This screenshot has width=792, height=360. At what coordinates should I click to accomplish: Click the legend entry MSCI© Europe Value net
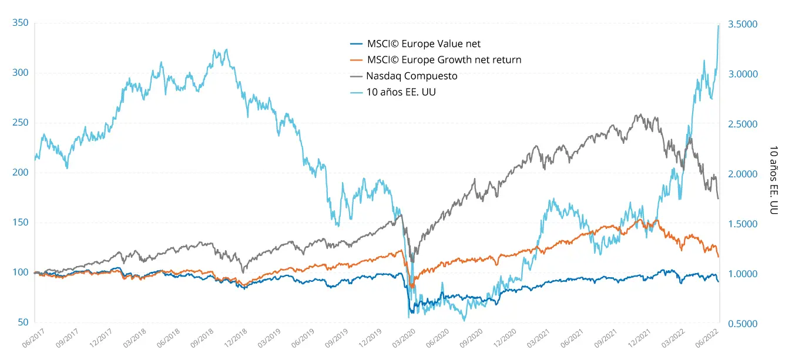pos(424,43)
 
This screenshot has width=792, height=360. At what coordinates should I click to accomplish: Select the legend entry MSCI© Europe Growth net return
pos(444,60)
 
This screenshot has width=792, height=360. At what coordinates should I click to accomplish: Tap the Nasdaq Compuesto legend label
pos(411,76)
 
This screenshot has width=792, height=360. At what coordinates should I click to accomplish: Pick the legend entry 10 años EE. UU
pos(401,92)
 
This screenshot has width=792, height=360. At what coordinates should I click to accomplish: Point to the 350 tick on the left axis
pos(20,23)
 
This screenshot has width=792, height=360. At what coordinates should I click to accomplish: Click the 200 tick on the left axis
pos(20,173)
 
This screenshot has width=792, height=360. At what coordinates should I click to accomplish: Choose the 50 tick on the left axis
pos(22,322)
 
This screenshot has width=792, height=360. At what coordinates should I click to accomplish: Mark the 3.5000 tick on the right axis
pos(743,25)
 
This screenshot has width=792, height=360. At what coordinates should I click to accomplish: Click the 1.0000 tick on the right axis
pos(743,274)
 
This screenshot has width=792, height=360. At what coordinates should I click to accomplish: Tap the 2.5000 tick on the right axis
pos(743,125)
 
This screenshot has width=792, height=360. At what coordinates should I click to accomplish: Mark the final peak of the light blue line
pos(719,25)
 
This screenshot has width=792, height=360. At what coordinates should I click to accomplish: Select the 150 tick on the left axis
pos(20,223)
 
